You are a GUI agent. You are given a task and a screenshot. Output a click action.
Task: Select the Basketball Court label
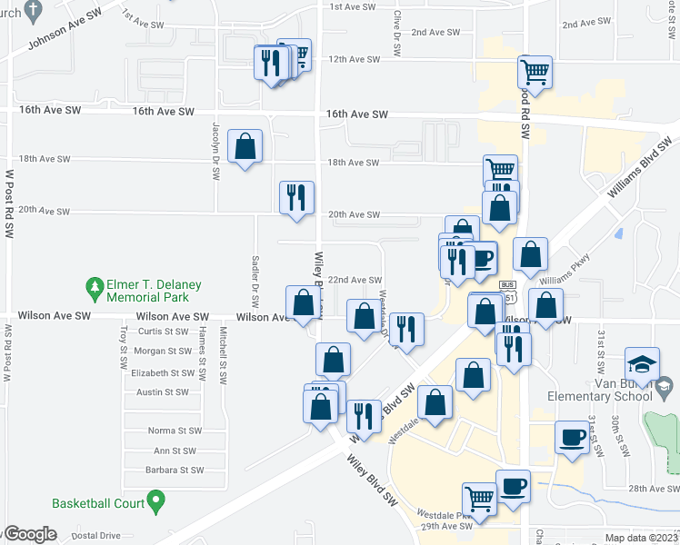click(98, 502)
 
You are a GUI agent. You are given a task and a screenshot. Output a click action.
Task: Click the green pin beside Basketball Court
click(155, 500)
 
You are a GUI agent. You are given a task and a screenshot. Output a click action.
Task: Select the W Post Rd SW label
click(9, 203)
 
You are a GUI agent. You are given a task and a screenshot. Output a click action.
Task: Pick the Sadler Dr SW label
click(255, 282)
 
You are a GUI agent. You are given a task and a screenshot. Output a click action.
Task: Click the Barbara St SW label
click(174, 470)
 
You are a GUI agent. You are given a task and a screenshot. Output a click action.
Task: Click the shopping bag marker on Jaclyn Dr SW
click(245, 146)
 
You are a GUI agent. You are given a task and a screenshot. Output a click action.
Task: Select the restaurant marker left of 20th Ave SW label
click(296, 197)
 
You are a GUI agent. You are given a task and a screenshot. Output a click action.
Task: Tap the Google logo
click(29, 534)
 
